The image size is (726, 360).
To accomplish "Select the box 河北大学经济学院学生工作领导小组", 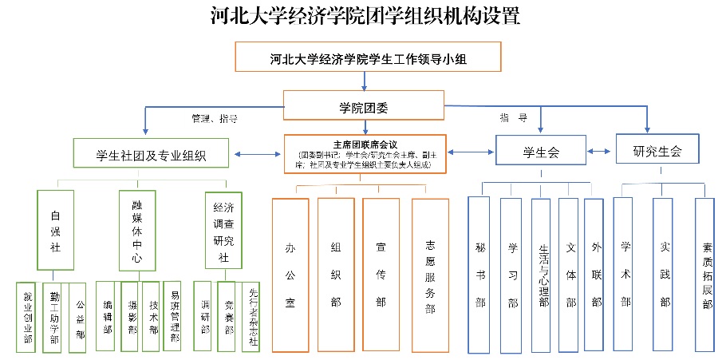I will (368, 57).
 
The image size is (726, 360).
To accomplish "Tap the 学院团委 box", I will (364, 105).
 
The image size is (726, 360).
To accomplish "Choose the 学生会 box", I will (540, 151).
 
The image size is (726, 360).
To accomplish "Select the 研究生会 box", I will (657, 150).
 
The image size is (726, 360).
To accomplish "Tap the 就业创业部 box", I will (28, 316).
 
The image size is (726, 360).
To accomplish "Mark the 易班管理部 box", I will (175, 315).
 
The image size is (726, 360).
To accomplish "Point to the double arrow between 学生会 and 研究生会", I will (601, 150).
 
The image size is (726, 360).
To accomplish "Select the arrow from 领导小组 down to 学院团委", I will (364, 80).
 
